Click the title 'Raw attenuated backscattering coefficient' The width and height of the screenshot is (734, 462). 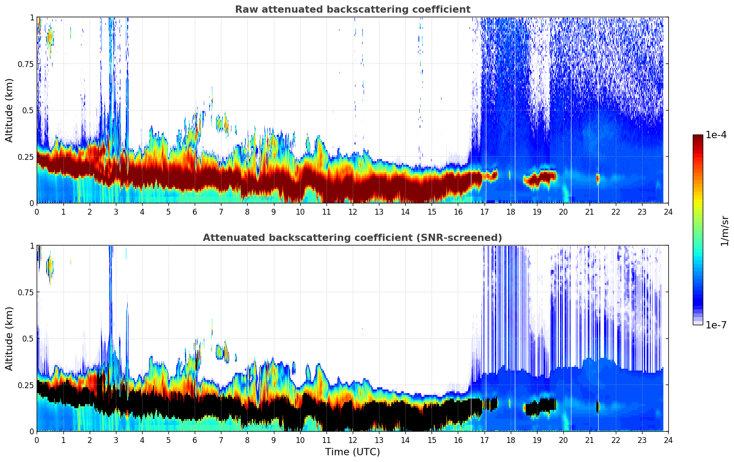coord(352,10)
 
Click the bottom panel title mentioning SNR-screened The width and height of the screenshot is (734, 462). coord(352,238)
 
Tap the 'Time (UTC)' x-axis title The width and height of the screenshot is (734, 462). coord(352,452)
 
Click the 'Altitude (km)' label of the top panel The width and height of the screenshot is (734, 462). coord(10,110)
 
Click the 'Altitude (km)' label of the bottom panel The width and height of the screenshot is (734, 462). coord(10,338)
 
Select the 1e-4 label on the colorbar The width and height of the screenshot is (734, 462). coord(715,135)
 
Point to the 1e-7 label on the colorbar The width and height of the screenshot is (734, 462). coord(715,325)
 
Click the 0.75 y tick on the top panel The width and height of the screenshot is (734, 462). coord(26,64)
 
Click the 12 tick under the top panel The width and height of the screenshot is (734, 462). coord(353,212)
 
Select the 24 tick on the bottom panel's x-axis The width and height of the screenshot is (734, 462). coord(668,440)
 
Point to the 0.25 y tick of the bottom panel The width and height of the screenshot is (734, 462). coord(26,385)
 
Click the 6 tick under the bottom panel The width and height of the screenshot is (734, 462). coord(195,440)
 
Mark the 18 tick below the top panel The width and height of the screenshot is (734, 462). coord(511,212)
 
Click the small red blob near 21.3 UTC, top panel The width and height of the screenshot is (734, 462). coord(598,178)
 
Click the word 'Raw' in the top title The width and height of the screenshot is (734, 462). coord(245,10)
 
